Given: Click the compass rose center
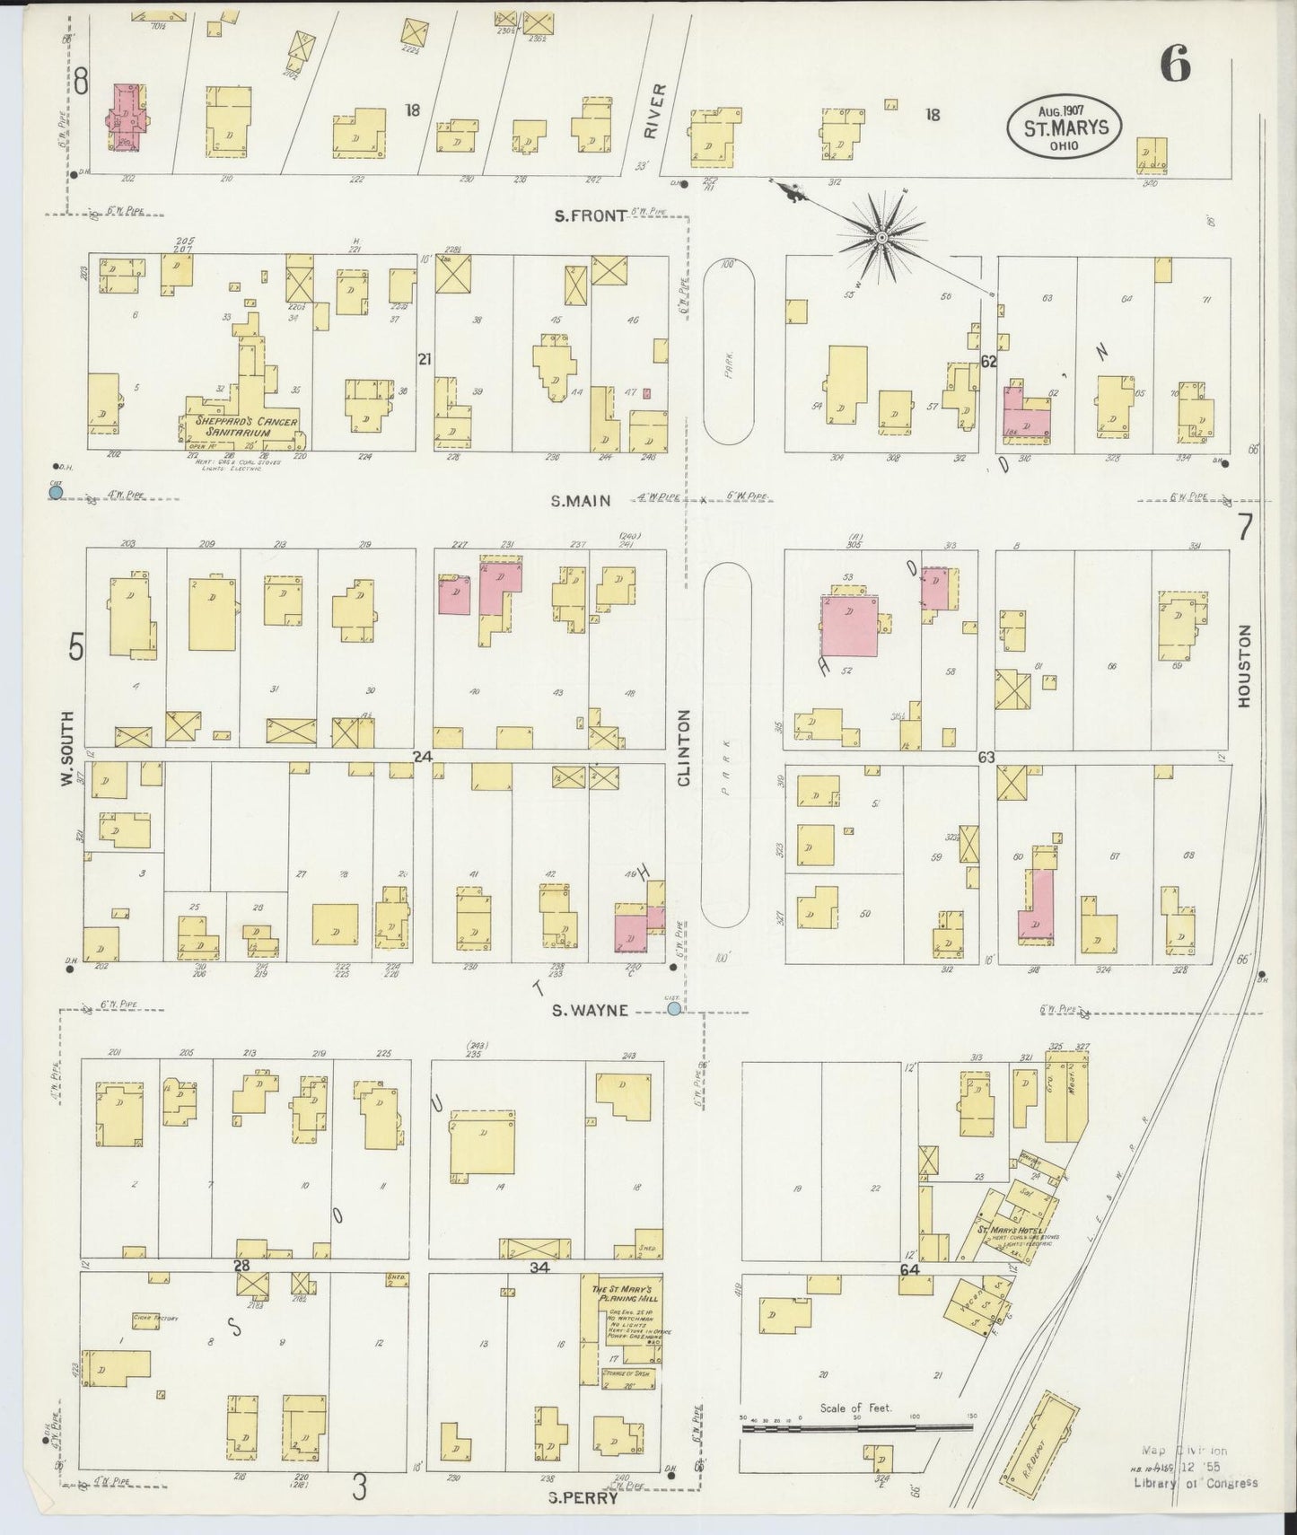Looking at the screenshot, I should click(881, 237).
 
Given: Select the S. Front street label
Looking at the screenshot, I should click(589, 215).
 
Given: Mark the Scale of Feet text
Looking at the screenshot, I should click(855, 1408).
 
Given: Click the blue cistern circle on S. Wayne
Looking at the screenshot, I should click(674, 1009).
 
